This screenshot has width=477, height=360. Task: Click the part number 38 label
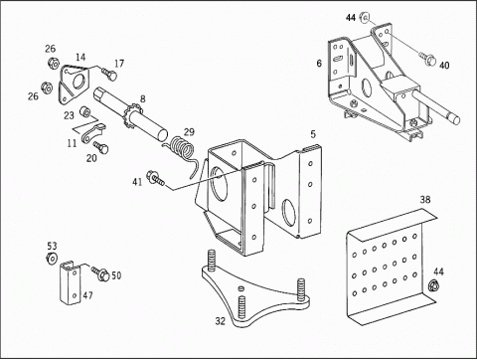[x=425, y=200]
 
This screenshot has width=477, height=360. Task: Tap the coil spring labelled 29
[x=182, y=151]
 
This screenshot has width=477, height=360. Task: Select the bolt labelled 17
[x=109, y=75]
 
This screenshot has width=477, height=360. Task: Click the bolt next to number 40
[x=426, y=58]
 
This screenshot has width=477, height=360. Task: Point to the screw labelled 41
[x=155, y=178]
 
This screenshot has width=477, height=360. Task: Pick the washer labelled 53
[x=52, y=259]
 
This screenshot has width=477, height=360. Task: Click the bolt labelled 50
[x=99, y=273]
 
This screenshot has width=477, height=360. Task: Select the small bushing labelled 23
[x=85, y=111]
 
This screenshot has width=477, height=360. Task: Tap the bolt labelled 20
[x=100, y=147]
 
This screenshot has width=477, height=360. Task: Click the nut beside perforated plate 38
[x=433, y=285]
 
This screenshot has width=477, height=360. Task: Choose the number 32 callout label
[x=221, y=321]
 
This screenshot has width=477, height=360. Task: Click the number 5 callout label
[x=313, y=134]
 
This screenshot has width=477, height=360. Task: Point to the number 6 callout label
[x=319, y=63]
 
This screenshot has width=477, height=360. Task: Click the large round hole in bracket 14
[x=79, y=81]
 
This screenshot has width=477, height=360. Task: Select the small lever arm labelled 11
[x=92, y=133]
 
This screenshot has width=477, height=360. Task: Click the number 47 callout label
[x=87, y=295]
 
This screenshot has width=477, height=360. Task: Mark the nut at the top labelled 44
[x=365, y=18]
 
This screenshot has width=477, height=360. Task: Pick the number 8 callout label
[x=142, y=98]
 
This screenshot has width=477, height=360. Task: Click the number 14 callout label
[x=80, y=57]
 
